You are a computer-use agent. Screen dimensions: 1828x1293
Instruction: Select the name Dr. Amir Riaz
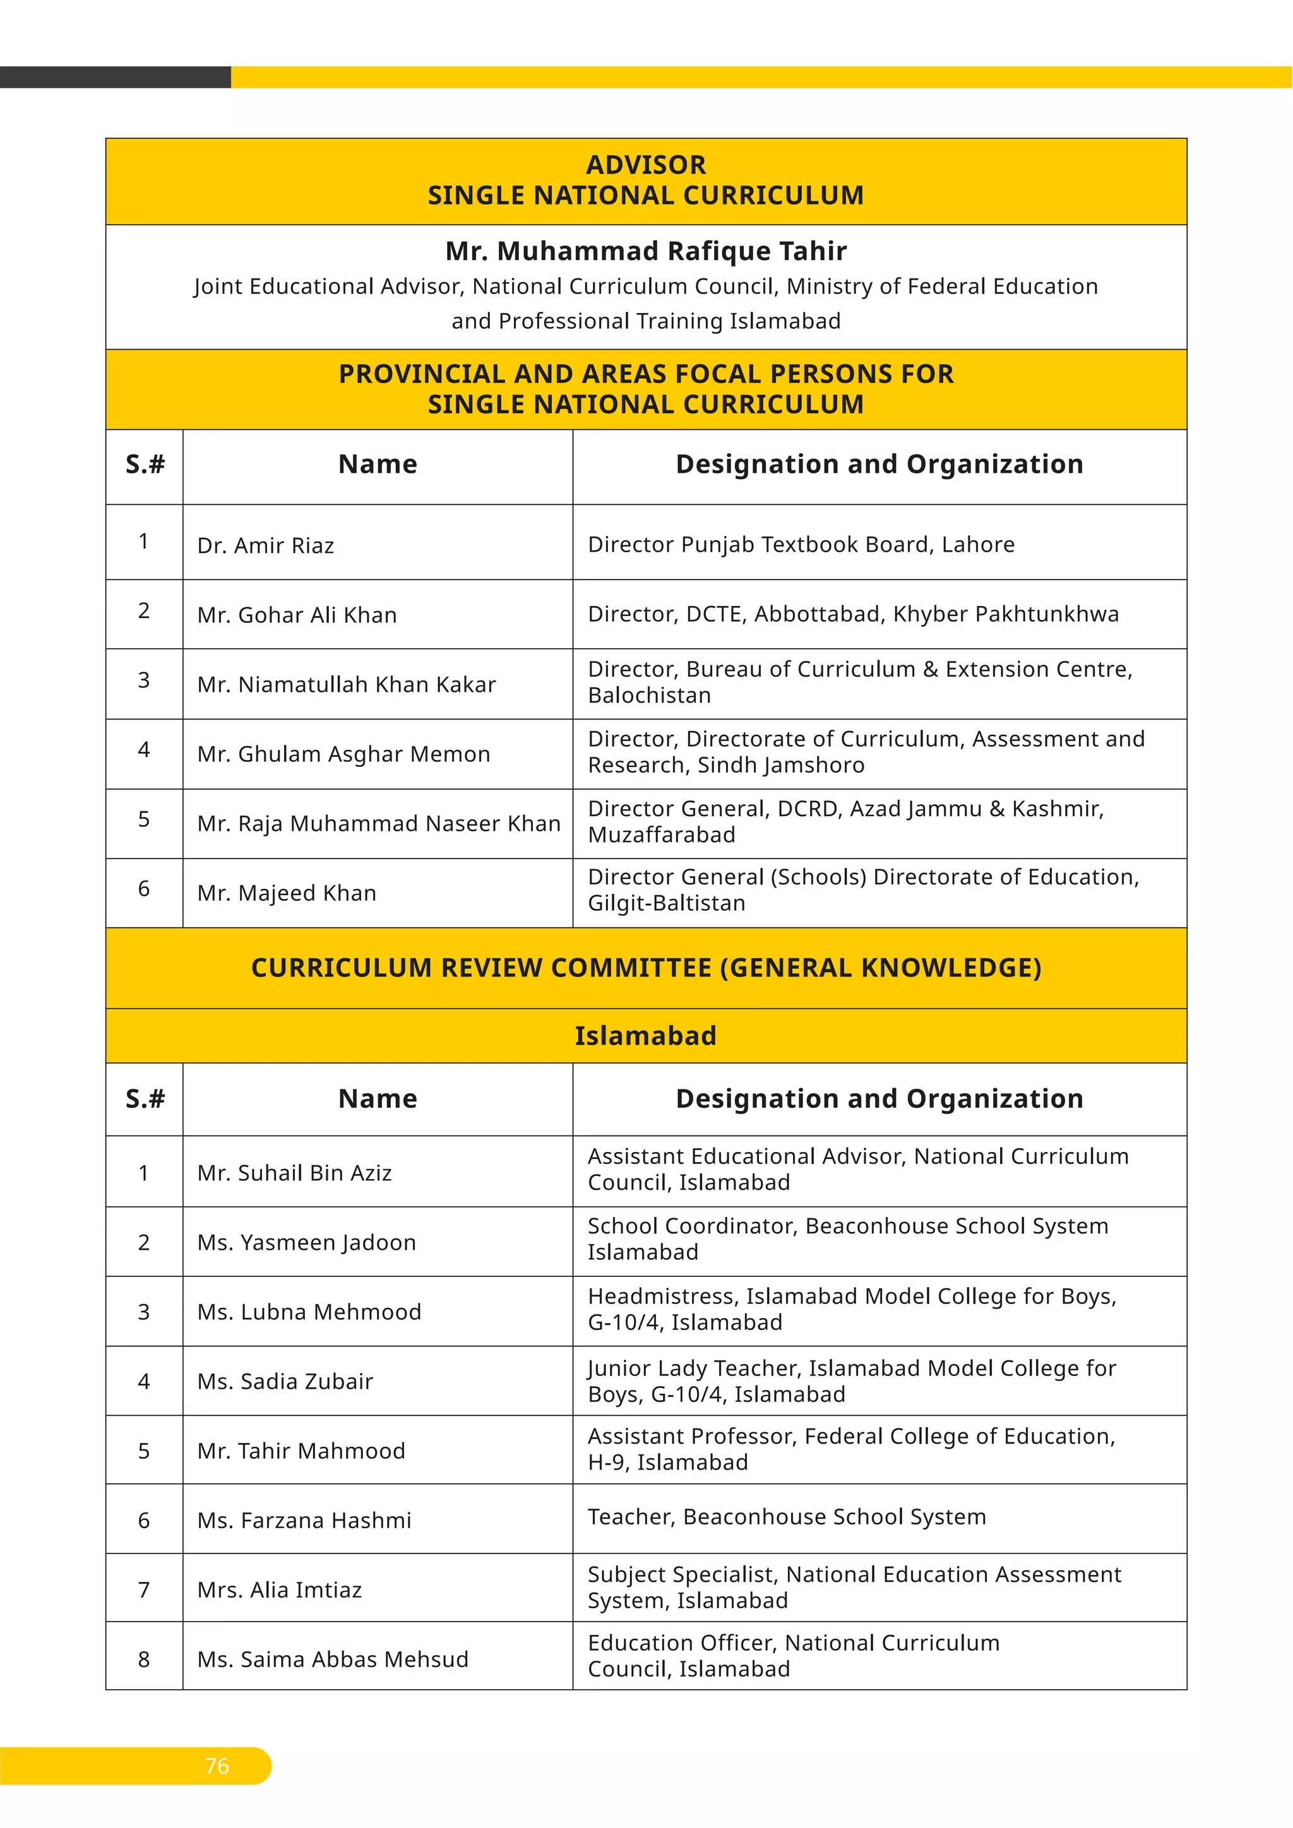(x=266, y=545)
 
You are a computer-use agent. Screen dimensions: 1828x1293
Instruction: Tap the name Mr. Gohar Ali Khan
(x=297, y=615)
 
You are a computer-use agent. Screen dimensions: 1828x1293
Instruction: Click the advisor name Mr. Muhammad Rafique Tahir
(x=646, y=251)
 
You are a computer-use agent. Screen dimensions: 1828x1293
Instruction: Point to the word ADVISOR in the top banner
(x=646, y=165)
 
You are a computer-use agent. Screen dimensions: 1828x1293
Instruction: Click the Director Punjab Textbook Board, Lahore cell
(x=801, y=545)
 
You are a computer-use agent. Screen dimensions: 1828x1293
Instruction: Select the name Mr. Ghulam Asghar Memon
(x=344, y=753)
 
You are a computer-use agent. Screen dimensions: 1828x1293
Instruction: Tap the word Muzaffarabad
(x=662, y=835)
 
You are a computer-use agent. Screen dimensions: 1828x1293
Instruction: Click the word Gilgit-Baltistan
(x=667, y=904)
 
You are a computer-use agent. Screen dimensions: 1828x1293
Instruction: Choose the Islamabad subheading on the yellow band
(x=646, y=1036)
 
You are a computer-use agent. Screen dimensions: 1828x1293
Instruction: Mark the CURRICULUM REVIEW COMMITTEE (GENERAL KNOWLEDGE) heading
(x=646, y=968)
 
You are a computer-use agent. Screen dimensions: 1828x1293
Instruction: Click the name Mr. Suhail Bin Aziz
(x=295, y=1173)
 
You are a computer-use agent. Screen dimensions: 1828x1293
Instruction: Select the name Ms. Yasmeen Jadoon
(x=307, y=1242)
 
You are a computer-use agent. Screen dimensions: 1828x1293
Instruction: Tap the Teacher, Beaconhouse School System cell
(x=787, y=1517)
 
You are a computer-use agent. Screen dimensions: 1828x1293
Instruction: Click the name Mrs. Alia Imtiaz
(x=280, y=1589)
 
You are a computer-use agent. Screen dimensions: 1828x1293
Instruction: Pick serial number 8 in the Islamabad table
(x=144, y=1659)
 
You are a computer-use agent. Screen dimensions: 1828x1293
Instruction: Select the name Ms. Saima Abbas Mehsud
(x=333, y=1659)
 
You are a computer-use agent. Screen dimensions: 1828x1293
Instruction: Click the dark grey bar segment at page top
(x=116, y=77)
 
